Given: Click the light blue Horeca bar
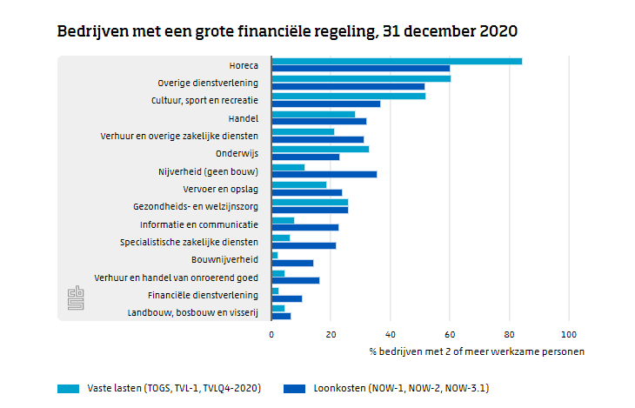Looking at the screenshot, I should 397,61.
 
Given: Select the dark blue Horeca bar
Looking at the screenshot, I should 361,69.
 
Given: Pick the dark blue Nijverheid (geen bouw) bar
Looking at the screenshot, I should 324,174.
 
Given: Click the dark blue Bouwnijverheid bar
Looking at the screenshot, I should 292,263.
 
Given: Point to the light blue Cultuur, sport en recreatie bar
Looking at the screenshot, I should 348,97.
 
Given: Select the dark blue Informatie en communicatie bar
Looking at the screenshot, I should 305,227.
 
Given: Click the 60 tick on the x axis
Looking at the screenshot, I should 450,334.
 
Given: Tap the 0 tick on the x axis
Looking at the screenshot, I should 271,334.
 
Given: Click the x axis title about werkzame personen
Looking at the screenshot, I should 476,351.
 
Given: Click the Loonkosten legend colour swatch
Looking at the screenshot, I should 295,387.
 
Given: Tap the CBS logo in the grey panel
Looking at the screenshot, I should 75,298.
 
